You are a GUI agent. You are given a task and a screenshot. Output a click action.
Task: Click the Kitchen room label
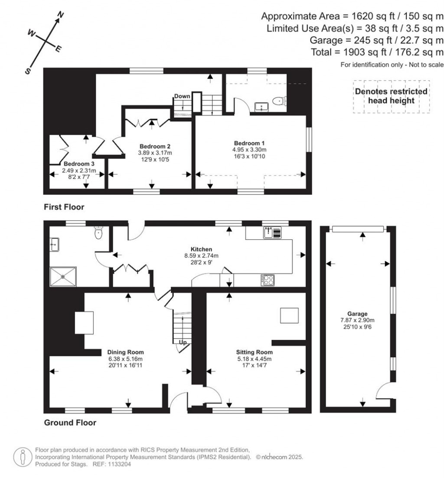[x=201, y=249]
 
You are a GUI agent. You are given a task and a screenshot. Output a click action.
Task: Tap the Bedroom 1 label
[x=249, y=143]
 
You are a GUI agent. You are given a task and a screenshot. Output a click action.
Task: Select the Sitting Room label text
[x=255, y=352]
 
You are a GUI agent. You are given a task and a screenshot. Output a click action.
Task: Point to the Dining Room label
[x=125, y=352]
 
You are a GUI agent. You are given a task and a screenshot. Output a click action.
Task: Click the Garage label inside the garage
[x=357, y=313]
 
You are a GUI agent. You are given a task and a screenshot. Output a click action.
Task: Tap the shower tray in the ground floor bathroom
[x=63, y=277]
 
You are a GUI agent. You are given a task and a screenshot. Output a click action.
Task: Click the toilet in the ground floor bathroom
[x=98, y=233]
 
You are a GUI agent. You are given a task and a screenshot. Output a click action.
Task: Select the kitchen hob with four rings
[x=268, y=280]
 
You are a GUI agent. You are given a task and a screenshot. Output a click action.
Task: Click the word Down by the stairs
[x=182, y=96]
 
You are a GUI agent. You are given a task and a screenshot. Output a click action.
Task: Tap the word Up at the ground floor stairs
[x=183, y=342]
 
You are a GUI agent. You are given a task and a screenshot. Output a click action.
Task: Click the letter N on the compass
[x=61, y=14]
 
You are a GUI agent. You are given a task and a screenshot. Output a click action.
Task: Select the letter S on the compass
[x=28, y=71]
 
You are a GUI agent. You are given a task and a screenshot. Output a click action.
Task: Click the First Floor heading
[x=64, y=207]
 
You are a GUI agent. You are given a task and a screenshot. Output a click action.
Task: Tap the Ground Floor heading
[x=70, y=423]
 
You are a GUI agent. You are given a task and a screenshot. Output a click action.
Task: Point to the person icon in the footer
[x=23, y=457]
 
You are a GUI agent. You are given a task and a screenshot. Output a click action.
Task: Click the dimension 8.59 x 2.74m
[x=201, y=256]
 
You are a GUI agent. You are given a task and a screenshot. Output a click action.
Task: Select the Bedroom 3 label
[x=79, y=164]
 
